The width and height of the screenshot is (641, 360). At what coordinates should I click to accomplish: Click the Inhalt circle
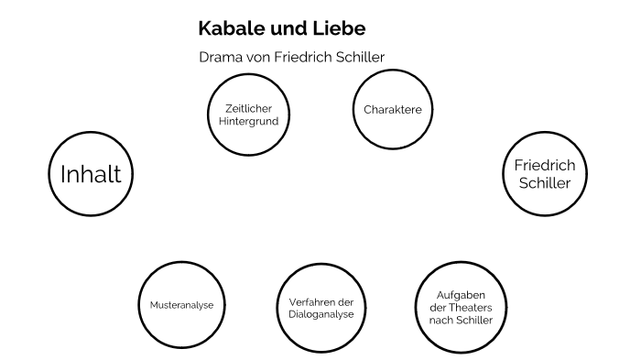[x=91, y=174]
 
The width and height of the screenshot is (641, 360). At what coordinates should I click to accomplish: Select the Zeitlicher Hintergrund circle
[x=243, y=114]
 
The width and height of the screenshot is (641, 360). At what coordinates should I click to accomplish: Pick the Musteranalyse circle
[x=180, y=303]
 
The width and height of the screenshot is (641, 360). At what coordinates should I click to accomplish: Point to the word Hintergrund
[x=243, y=121]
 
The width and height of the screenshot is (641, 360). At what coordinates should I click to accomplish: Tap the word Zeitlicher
[x=243, y=107]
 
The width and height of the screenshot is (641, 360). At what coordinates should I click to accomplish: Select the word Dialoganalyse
[x=316, y=315]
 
